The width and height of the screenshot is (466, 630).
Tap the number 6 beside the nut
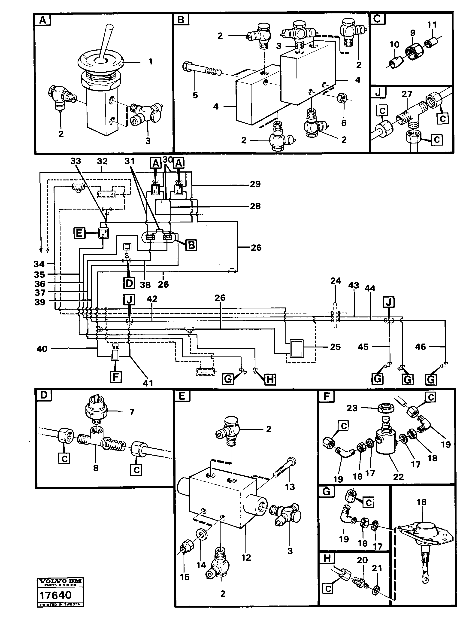coord(344,123)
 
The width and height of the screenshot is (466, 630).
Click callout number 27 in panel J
coord(407,94)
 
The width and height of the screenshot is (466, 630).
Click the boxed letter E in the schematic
coord(79,233)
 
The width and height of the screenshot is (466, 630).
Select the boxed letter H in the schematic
coord(270,380)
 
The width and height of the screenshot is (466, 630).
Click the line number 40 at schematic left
coord(42,349)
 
